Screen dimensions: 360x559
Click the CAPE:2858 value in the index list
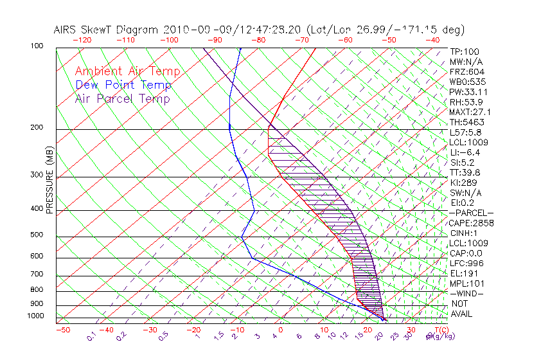coord(472,222)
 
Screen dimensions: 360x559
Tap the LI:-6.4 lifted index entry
coord(465,152)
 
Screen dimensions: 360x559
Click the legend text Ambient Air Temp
coord(127,71)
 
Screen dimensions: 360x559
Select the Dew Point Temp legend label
coord(123,85)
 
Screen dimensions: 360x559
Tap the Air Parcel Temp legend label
coord(122,98)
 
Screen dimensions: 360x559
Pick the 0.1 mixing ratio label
coord(91,336)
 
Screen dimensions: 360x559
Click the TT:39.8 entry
coord(465,172)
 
